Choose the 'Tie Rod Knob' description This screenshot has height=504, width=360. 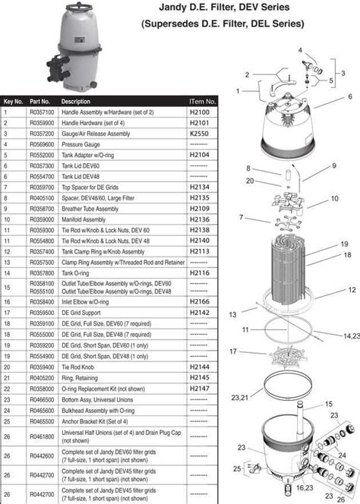tap(78, 366)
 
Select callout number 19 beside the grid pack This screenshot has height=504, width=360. tap(344, 243)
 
